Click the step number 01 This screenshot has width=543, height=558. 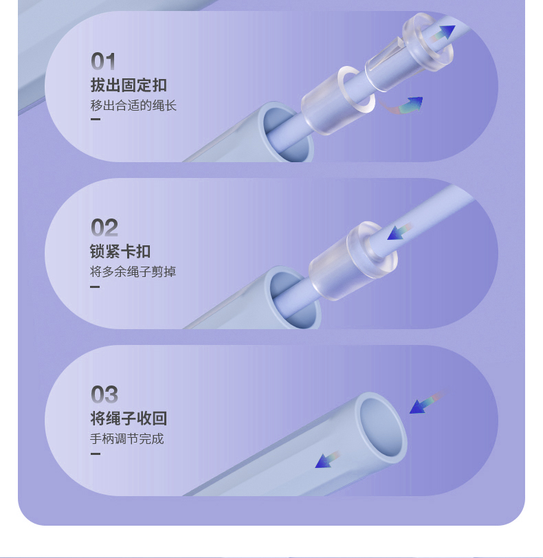pyautogui.click(x=103, y=61)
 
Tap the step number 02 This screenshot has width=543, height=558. pyautogui.click(x=104, y=227)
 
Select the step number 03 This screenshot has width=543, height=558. pyautogui.click(x=104, y=394)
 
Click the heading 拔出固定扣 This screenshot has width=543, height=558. pyautogui.click(x=129, y=85)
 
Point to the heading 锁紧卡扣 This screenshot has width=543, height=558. pyautogui.click(x=120, y=252)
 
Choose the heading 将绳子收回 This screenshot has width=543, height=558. pyautogui.click(x=129, y=418)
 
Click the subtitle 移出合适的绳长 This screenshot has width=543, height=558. pyautogui.click(x=133, y=106)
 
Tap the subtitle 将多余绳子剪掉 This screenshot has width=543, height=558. pyautogui.click(x=133, y=272)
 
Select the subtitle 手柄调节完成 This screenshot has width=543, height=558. pyautogui.click(x=126, y=439)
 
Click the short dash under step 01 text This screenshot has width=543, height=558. pyautogui.click(x=96, y=119)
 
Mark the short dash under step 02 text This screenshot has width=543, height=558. pyautogui.click(x=95, y=287)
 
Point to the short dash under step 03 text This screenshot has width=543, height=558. pyautogui.click(x=96, y=454)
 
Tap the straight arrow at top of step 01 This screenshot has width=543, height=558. pyautogui.click(x=441, y=34)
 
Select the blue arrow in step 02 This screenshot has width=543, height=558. pyautogui.click(x=399, y=232)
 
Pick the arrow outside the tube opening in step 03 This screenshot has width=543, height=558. pyautogui.click(x=428, y=403)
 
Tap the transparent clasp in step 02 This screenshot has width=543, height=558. pyautogui.click(x=353, y=261)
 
